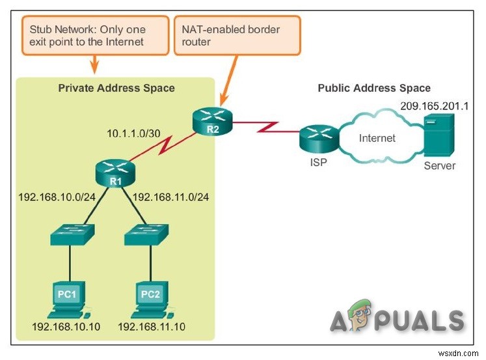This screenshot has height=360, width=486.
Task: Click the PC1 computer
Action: (68, 297)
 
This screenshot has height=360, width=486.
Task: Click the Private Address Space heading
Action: (116, 88)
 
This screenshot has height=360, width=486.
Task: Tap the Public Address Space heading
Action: (373, 88)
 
